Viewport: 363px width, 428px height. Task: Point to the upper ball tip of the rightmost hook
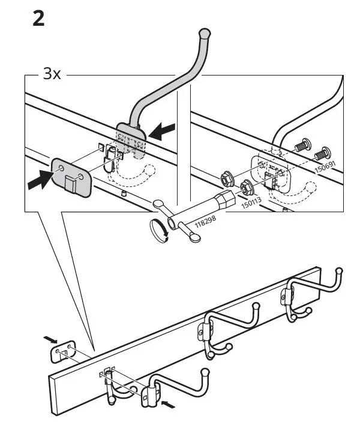340,271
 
